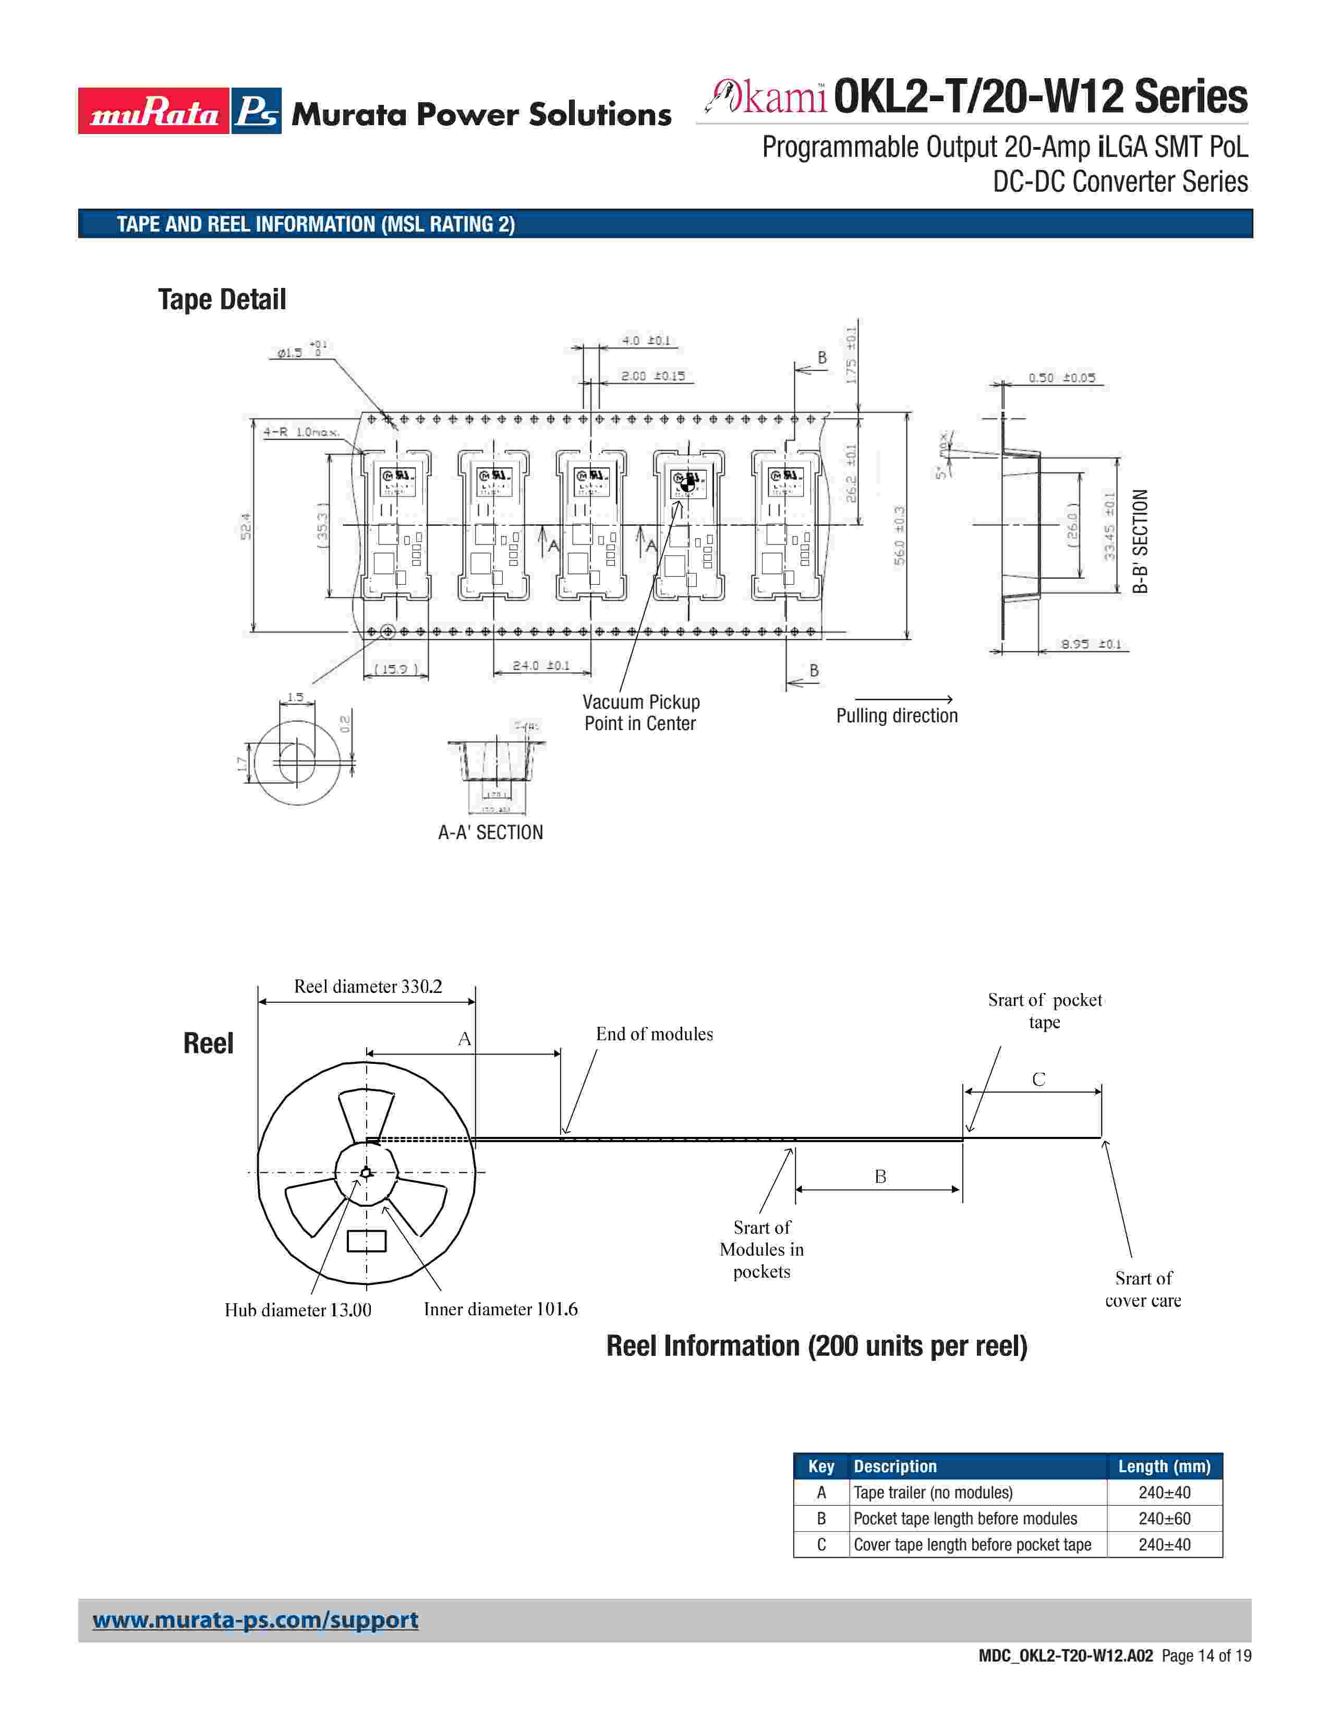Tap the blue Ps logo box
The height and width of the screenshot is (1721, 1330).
256,111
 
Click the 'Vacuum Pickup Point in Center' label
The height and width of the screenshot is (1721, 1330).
640,712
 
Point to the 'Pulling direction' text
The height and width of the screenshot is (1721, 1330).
897,716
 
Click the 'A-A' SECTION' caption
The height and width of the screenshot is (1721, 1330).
490,832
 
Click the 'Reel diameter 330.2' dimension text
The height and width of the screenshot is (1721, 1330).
368,987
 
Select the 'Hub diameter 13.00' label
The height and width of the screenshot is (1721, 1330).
298,1310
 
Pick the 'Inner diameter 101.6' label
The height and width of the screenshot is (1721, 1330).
500,1309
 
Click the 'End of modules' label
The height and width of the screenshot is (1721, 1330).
654,1034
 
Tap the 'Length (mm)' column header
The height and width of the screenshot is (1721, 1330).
1164,1467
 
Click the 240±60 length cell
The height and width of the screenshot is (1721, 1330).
1164,1519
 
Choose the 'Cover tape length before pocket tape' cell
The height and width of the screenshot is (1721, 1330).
972,1545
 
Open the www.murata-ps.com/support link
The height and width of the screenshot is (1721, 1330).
255,1620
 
